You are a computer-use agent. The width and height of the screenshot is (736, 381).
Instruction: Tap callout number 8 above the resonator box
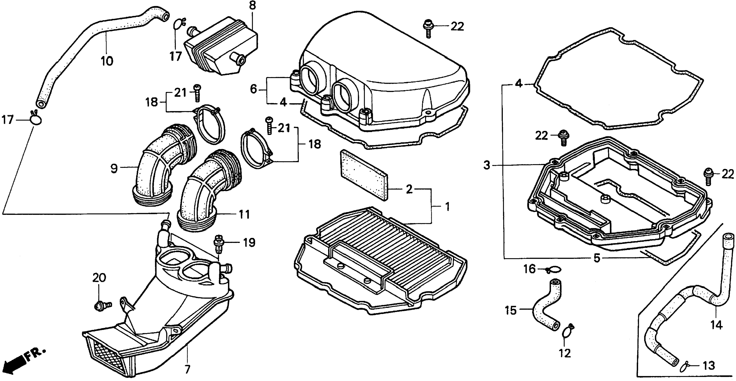pos(253,6)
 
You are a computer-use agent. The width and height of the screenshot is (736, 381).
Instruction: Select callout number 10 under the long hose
pos(107,61)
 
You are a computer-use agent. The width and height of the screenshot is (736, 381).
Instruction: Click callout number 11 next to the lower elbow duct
pos(244,214)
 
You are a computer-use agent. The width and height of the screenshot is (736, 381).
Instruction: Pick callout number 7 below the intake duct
pos(187,369)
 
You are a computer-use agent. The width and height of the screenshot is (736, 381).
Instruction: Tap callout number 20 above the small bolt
pos(99,278)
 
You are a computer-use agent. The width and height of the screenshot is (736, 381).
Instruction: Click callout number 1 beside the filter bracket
pos(447,207)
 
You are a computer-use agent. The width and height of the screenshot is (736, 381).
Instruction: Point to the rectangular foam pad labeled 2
pos(363,174)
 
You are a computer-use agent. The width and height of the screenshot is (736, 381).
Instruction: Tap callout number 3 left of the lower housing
pos(487,165)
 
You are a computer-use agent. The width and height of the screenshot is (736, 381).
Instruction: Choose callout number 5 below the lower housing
pos(597,258)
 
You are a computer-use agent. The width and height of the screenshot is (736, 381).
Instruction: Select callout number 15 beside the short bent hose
pos(511,310)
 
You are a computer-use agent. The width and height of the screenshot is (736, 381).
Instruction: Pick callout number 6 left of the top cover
pos(253,89)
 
